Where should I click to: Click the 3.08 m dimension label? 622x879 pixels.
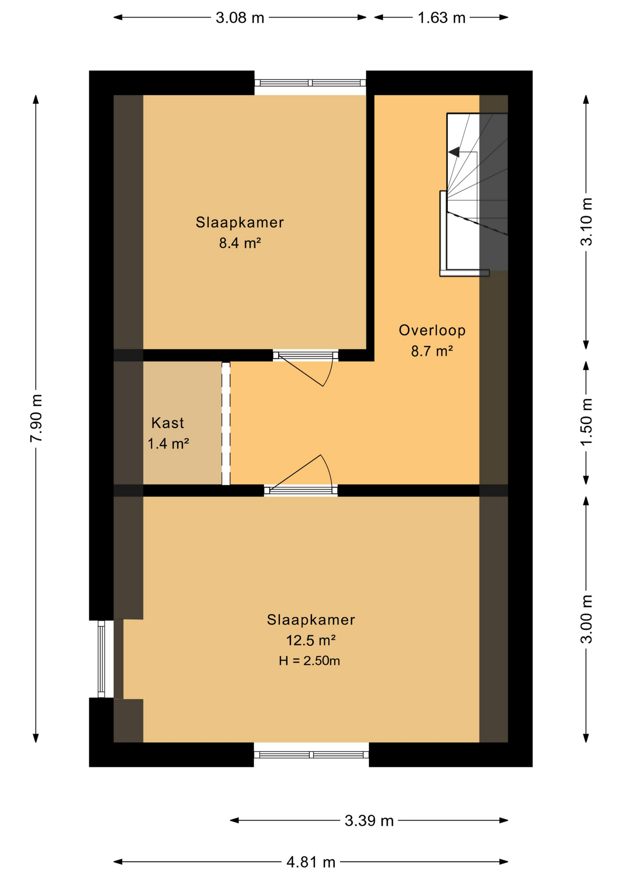pyautogui.click(x=240, y=18)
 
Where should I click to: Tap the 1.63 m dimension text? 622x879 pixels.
pyautogui.click(x=441, y=18)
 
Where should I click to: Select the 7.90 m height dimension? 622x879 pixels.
pyautogui.click(x=36, y=418)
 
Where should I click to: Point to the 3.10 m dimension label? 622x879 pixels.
pyautogui.click(x=587, y=222)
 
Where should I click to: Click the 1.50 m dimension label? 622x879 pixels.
pyautogui.click(x=587, y=422)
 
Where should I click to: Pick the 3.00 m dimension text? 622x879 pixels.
pyautogui.click(x=587, y=619)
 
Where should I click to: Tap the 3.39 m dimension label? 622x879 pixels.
pyautogui.click(x=369, y=821)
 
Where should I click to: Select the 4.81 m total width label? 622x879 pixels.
pyautogui.click(x=311, y=863)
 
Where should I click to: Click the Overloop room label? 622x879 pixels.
pyautogui.click(x=432, y=331)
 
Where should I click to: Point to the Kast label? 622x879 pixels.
pyautogui.click(x=168, y=423)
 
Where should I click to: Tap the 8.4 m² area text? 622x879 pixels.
pyautogui.click(x=240, y=243)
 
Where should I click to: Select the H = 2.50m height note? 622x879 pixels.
pyautogui.click(x=309, y=661)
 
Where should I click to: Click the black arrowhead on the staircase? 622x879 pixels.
pyautogui.click(x=454, y=152)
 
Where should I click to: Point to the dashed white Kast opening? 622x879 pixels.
pyautogui.click(x=226, y=423)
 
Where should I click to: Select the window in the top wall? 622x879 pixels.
pyautogui.click(x=310, y=83)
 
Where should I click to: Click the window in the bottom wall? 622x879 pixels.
pyautogui.click(x=311, y=755)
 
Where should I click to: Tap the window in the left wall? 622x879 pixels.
pyautogui.click(x=101, y=659)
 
